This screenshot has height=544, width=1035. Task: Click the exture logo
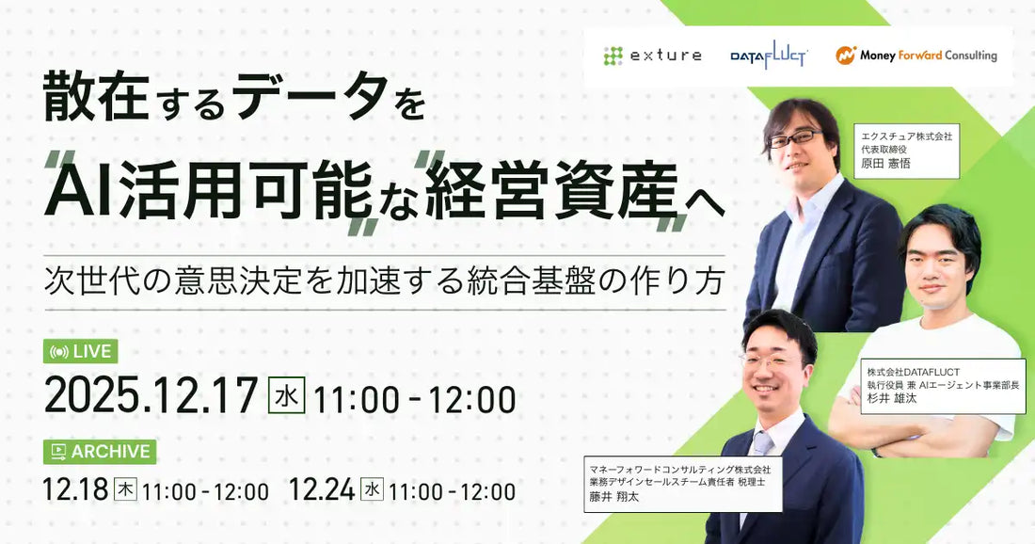pos(652,56)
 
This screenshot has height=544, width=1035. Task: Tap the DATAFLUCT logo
pos(769,56)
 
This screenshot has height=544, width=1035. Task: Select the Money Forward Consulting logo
pos(916,56)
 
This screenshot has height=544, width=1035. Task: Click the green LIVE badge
pos(81,351)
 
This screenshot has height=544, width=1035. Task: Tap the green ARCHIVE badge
pos(100,452)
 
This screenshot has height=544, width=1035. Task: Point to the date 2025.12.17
pos(151,397)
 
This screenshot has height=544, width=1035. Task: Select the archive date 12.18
pos(74,490)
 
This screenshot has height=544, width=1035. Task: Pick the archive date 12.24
pos(321,490)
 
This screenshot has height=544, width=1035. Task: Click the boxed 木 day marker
pos(125,489)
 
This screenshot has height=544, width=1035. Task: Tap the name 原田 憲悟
pos(885,164)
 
